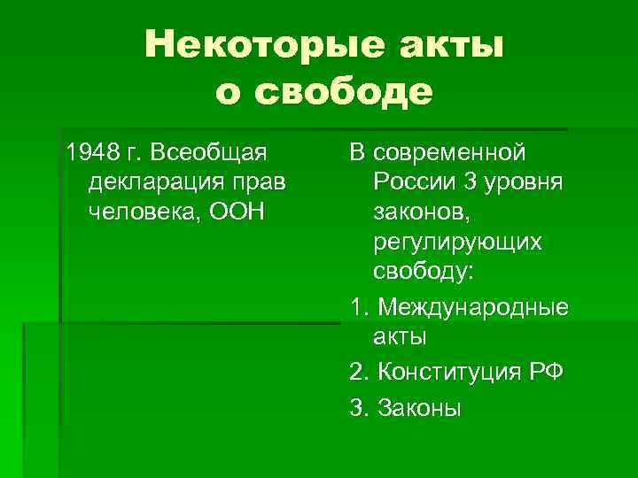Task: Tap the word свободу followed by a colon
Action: (424, 273)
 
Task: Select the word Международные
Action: (473, 307)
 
